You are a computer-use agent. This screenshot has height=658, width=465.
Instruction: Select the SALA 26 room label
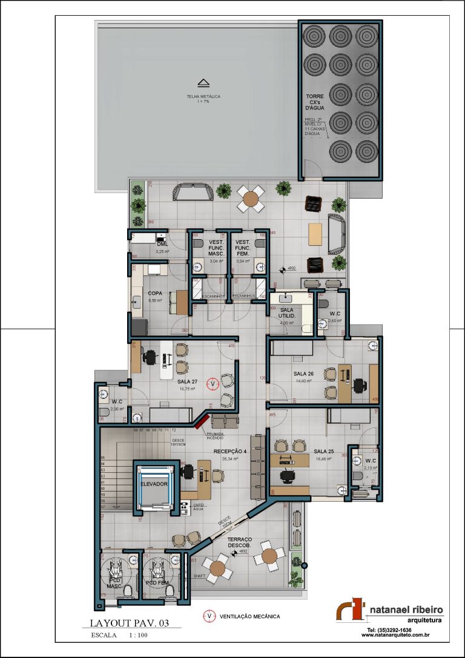pyautogui.click(x=303, y=373)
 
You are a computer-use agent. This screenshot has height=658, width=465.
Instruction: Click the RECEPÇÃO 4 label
pyautogui.click(x=230, y=452)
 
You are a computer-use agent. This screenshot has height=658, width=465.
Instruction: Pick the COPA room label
pyautogui.click(x=155, y=293)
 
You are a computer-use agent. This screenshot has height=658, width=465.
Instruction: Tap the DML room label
pyautogui.click(x=162, y=244)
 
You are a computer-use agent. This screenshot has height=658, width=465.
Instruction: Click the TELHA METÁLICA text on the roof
pyautogui.click(x=203, y=96)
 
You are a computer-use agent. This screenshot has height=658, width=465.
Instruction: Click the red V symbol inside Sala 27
pyautogui.click(x=212, y=383)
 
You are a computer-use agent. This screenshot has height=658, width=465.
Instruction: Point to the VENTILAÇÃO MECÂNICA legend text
pyautogui.click(x=249, y=616)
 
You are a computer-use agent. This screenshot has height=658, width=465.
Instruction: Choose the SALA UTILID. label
pyautogui.click(x=287, y=312)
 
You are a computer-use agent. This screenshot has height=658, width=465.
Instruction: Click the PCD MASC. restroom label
pyautogui.click(x=115, y=583)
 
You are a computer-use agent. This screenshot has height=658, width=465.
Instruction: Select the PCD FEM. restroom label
pyautogui.click(x=157, y=582)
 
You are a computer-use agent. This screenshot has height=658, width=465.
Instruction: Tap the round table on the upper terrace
pyautogui.click(x=251, y=197)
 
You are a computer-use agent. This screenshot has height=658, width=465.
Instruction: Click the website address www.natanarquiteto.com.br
pyautogui.click(x=395, y=635)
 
